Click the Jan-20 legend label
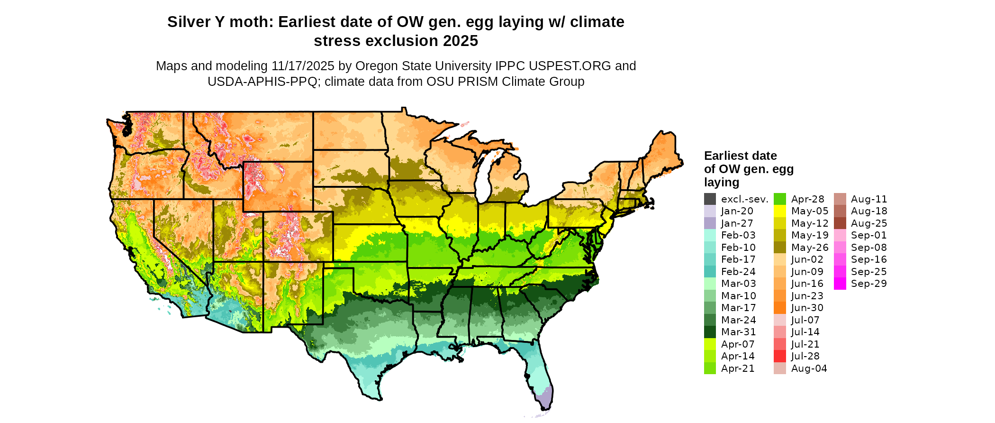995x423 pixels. pyautogui.click(x=737, y=211)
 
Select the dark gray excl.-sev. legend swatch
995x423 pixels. pyautogui.click(x=710, y=199)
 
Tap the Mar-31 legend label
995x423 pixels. pyautogui.click(x=738, y=332)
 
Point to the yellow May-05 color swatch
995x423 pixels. pyautogui.click(x=780, y=211)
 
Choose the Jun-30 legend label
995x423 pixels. pyautogui.click(x=807, y=308)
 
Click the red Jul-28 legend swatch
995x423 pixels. pyautogui.click(x=780, y=356)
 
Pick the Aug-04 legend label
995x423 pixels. pyautogui.click(x=809, y=368)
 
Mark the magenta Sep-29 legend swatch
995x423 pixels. pyautogui.click(x=840, y=284)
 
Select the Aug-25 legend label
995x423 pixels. pyautogui.click(x=869, y=223)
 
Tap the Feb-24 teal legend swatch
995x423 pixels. pyautogui.click(x=710, y=272)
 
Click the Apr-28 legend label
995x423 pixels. pyautogui.click(x=808, y=199)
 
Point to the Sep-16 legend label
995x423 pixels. pyautogui.click(x=869, y=259)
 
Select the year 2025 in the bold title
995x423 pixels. pyautogui.click(x=461, y=41)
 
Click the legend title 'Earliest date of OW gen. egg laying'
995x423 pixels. pyautogui.click(x=748, y=169)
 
